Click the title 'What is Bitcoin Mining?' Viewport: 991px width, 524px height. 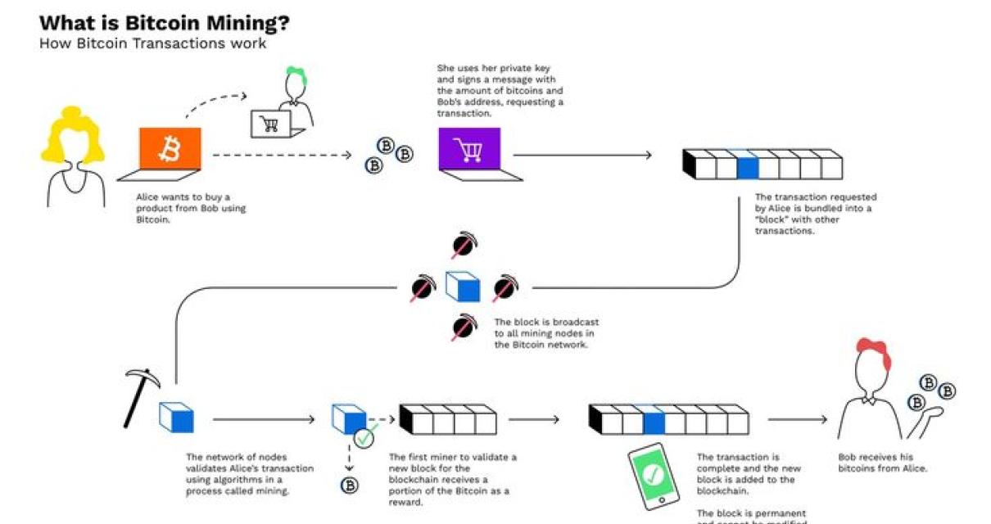pos(164,22)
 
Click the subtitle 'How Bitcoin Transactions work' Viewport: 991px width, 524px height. pos(152,43)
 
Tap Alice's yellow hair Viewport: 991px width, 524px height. pos(74,135)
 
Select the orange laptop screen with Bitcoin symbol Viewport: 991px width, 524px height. pos(170,150)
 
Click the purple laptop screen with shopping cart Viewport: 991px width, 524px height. pos(468,150)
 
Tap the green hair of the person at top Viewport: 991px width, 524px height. pos(296,76)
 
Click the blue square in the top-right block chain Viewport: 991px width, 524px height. pos(747,167)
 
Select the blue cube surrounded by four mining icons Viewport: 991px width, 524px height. pos(463,287)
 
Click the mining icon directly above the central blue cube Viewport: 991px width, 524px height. pos(464,245)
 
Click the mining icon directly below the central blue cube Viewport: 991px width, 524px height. pos(464,327)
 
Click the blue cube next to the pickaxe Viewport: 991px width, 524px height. pos(176,418)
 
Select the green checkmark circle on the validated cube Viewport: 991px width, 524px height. pos(364,438)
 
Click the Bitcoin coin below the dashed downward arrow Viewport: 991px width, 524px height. pos(349,486)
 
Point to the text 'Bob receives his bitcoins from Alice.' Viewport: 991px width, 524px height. pos(882,463)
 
